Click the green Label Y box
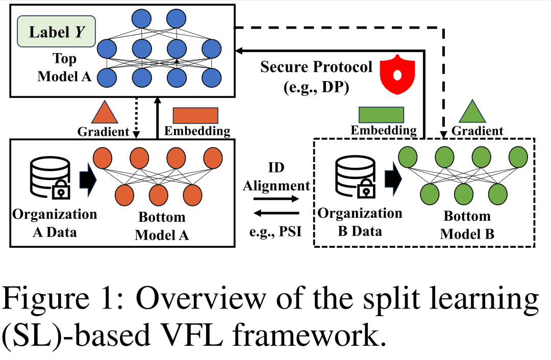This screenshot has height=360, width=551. [56, 33]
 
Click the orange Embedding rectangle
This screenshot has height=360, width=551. [195, 116]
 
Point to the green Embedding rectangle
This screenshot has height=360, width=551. [381, 115]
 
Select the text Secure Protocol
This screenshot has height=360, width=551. [316, 67]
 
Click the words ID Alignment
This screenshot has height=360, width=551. [276, 177]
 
